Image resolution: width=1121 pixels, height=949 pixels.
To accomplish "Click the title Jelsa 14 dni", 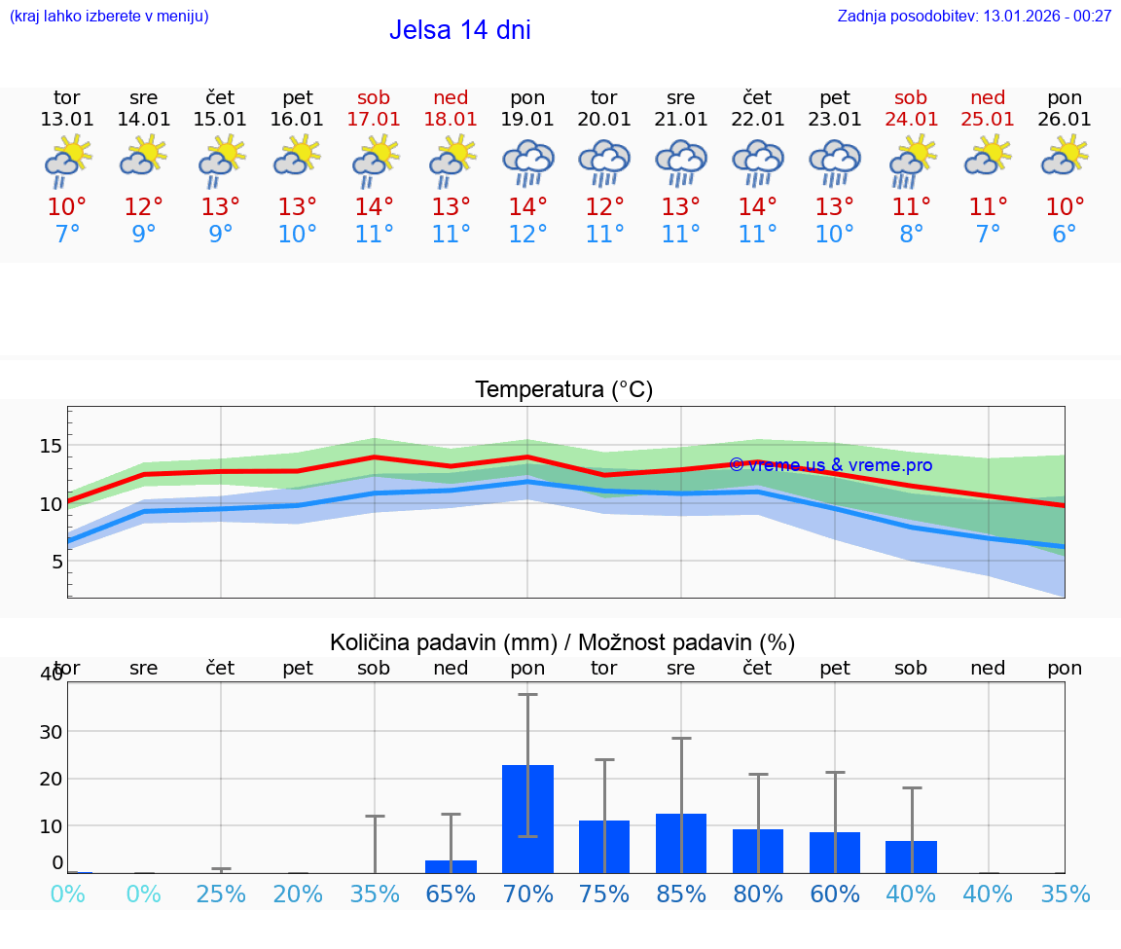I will [459, 30].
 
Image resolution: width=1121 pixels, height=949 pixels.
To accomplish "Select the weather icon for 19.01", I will [527, 162].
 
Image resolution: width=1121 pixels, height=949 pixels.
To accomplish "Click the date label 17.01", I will [374, 120].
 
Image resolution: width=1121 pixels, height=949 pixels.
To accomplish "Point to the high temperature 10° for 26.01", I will [1065, 206].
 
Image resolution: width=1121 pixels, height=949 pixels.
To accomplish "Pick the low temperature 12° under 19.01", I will [527, 235].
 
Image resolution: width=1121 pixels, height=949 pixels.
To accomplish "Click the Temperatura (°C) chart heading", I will [563, 390].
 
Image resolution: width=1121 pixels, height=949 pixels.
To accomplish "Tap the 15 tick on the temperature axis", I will [51, 446].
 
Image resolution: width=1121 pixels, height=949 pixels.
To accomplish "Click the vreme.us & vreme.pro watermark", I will [830, 465].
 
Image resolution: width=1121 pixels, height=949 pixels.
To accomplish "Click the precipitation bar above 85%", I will [681, 843].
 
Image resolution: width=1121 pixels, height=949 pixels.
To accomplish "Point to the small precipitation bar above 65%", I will [451, 866].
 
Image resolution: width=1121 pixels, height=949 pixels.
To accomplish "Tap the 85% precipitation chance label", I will [681, 894].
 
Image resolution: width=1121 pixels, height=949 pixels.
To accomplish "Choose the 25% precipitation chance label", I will [221, 894].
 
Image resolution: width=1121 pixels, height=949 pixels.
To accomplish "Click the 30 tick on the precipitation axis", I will [51, 731].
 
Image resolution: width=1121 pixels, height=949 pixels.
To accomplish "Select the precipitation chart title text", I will [562, 642].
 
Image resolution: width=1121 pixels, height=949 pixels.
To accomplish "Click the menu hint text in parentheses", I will [108, 16].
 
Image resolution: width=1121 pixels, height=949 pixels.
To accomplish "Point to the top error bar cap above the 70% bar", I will [527, 694].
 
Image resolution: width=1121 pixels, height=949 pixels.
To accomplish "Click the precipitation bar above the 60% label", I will [835, 853].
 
